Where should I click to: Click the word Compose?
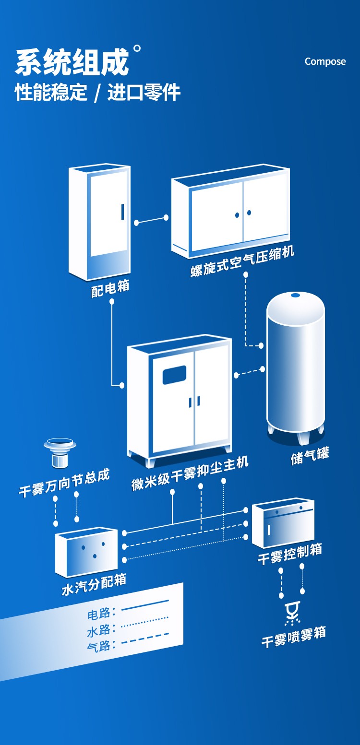tap(325, 61)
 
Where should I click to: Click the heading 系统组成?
tap(72, 62)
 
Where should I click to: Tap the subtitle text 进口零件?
tap(144, 92)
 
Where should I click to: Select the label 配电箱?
tap(110, 288)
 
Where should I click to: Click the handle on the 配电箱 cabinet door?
tap(122, 212)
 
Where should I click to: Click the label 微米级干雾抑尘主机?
tap(190, 473)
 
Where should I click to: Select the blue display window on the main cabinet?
tap(174, 375)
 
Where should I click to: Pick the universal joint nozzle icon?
tap(60, 451)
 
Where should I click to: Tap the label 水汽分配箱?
tap(94, 585)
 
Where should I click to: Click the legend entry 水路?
tap(99, 630)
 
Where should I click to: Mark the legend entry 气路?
tap(99, 646)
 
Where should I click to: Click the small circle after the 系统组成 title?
tap(137, 48)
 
